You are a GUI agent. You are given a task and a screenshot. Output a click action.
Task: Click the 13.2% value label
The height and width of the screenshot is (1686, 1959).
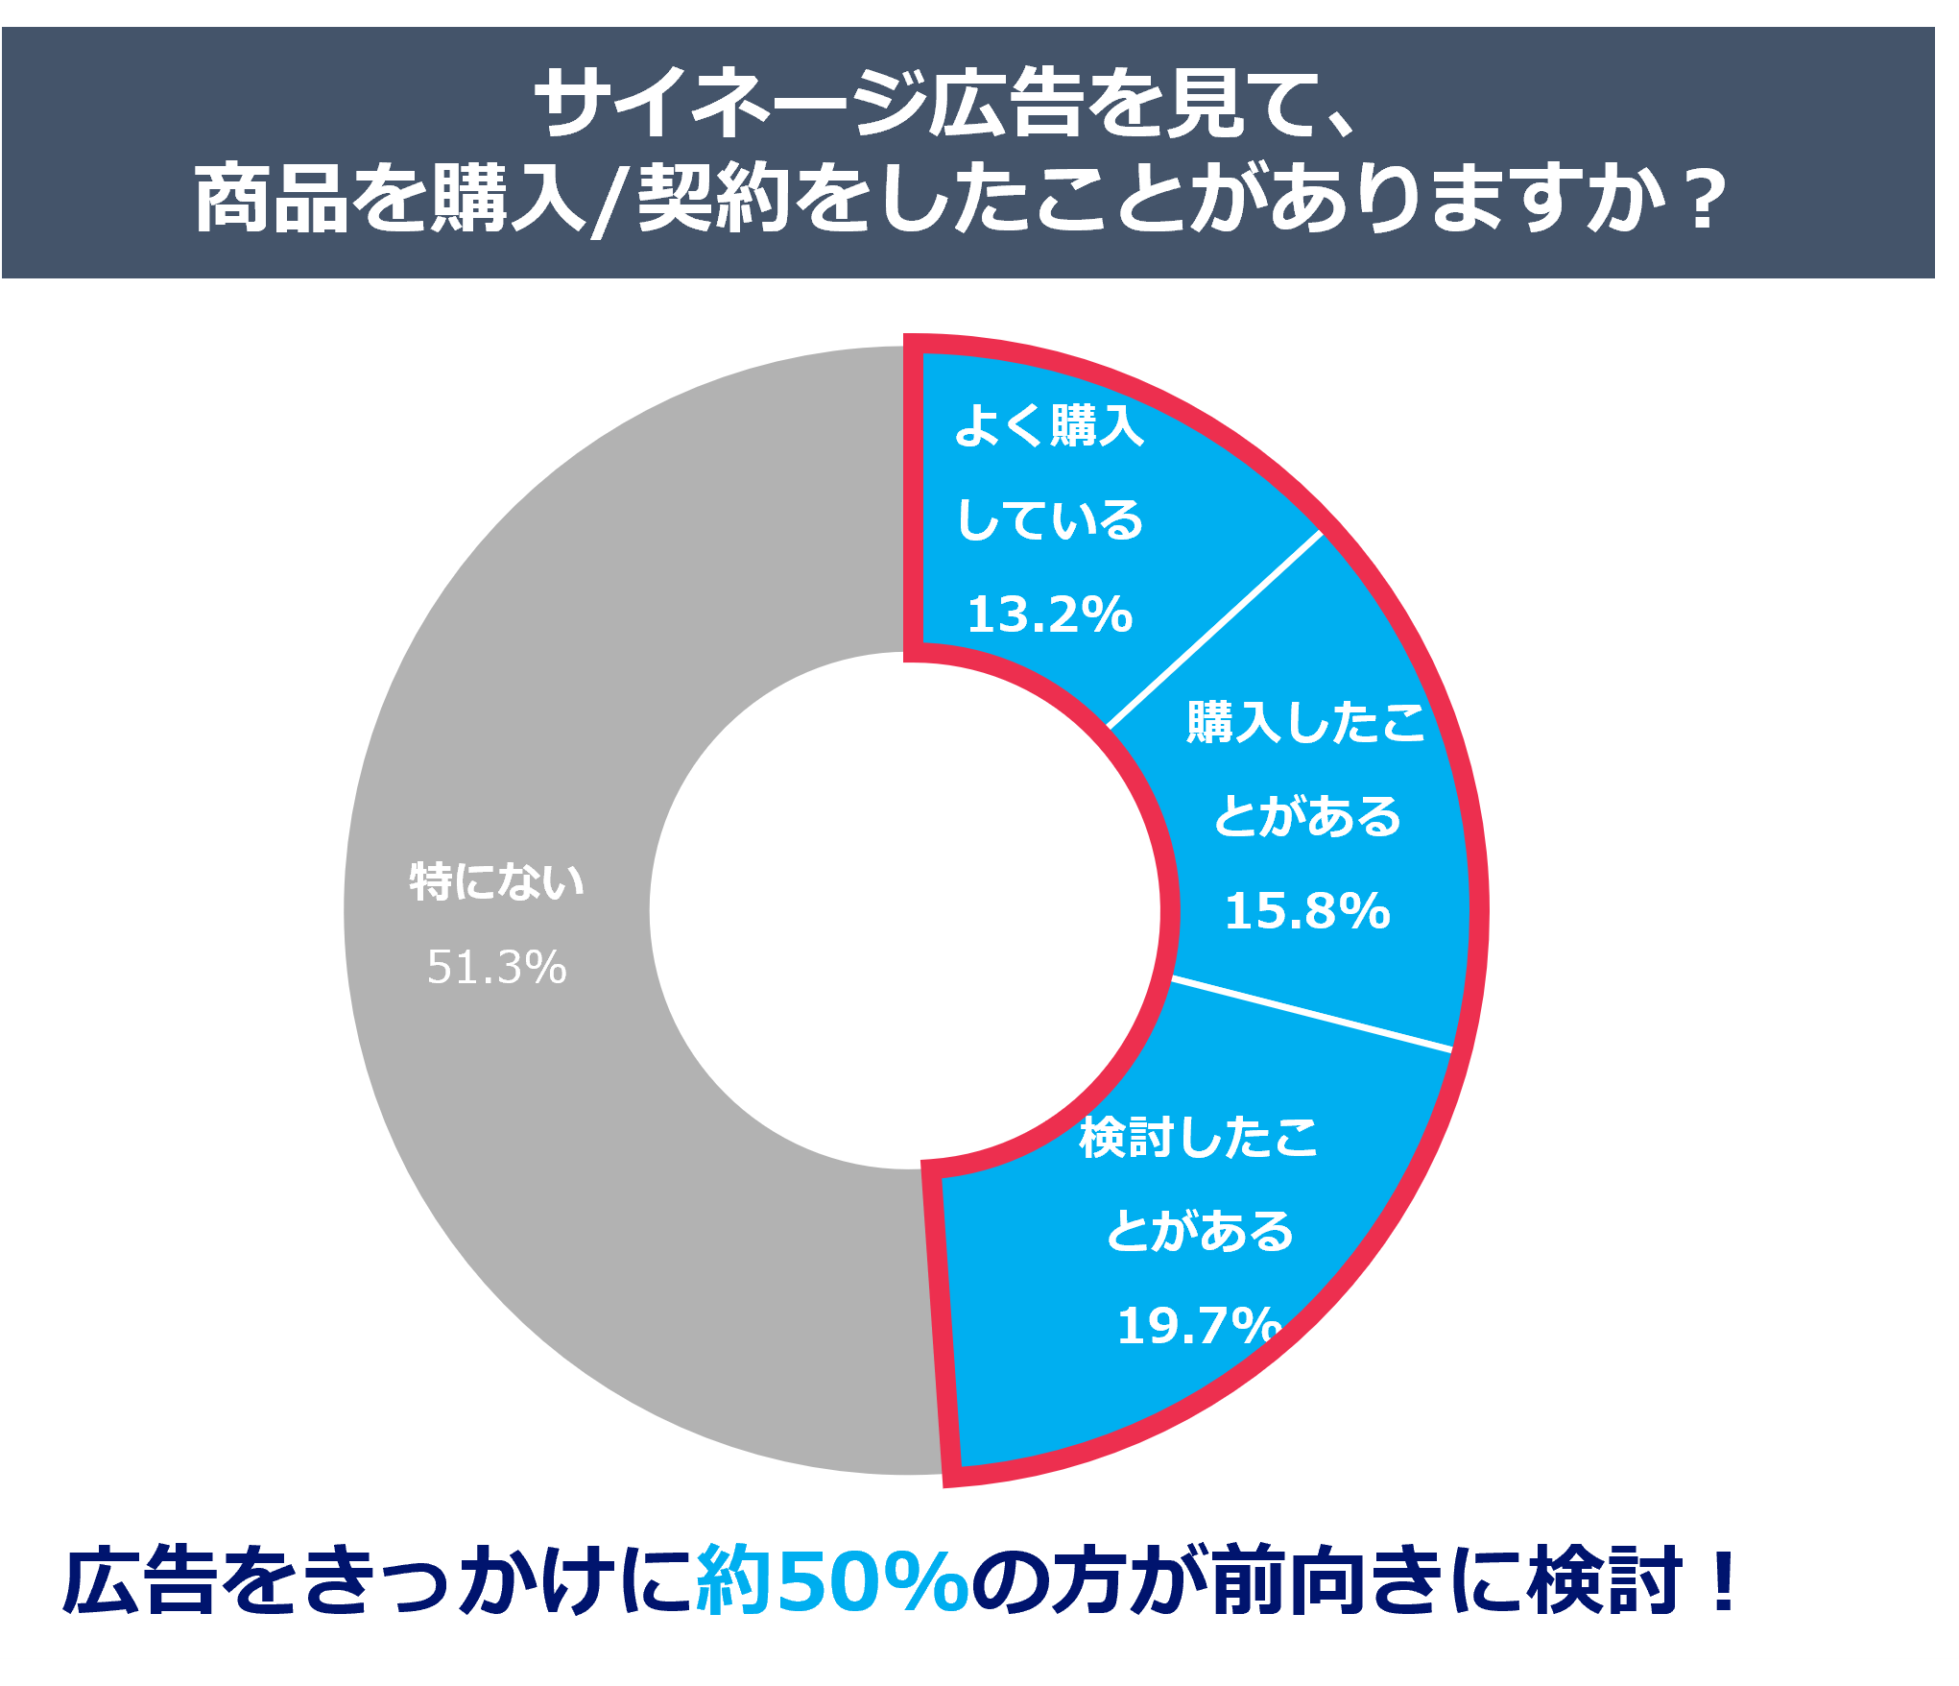click(1049, 614)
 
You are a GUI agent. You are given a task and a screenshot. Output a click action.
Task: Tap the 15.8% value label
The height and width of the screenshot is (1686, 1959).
click(1306, 911)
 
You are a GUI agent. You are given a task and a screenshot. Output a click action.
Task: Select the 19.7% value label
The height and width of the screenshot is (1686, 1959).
click(1199, 1326)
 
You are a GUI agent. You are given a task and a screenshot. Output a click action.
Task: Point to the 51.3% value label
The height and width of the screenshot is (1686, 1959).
click(496, 967)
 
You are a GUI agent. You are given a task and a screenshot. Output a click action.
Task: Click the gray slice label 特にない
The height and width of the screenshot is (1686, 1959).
click(496, 881)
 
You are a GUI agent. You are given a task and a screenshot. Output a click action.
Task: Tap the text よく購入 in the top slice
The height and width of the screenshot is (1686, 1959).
click(1049, 425)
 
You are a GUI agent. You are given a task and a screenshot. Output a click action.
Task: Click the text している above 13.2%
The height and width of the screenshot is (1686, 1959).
click(1049, 519)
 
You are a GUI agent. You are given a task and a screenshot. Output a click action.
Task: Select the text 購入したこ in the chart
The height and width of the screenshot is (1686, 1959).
click(1306, 722)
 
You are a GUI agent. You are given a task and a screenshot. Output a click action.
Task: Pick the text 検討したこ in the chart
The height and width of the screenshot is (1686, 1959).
click(1199, 1138)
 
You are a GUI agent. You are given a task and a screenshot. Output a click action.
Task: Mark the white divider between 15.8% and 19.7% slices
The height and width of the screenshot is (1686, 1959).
click(1311, 1015)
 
